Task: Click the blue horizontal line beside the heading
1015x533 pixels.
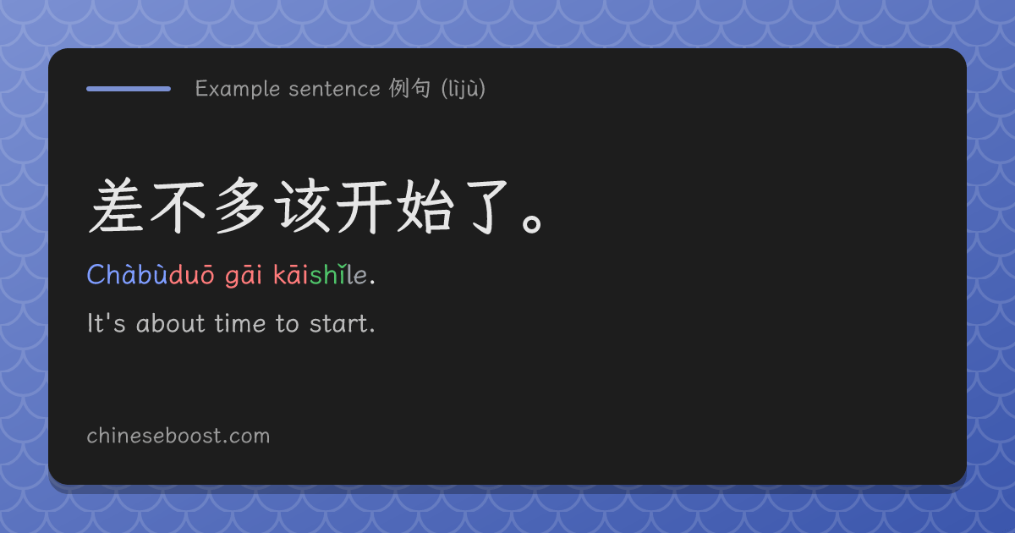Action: [x=129, y=89]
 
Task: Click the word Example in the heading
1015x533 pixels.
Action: [x=238, y=89]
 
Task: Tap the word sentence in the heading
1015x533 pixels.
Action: [x=334, y=89]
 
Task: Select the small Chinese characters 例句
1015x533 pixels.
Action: [x=409, y=88]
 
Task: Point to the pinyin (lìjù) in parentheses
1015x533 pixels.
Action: [x=464, y=89]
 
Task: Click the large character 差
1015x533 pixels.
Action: [x=117, y=206]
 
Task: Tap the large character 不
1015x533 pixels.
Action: [x=178, y=207]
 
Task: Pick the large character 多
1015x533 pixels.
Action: [x=240, y=206]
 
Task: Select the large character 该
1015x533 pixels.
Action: [x=303, y=206]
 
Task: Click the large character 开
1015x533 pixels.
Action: [x=365, y=207]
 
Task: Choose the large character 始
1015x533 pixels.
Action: [x=425, y=206]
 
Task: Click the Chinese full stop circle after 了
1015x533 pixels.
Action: [x=531, y=224]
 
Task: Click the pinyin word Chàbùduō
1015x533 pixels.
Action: [x=151, y=274]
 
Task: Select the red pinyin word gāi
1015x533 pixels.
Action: [x=244, y=276]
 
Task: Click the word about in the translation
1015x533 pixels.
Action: [x=171, y=323]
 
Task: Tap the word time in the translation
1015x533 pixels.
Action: [x=240, y=323]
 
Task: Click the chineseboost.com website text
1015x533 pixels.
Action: [x=178, y=436]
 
